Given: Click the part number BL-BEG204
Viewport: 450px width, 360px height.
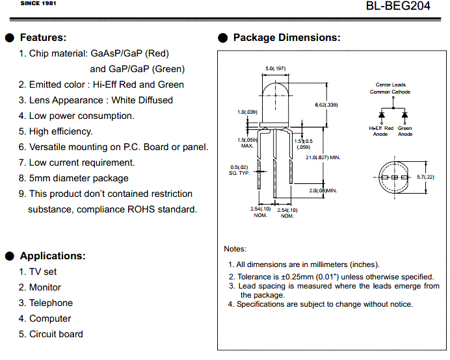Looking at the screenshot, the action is (398, 6).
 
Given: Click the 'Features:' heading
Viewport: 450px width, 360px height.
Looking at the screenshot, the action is (43, 38).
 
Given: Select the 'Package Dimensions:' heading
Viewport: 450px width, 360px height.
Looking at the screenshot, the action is (287, 38).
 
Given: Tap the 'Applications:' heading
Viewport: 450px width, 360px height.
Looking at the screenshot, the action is (53, 256).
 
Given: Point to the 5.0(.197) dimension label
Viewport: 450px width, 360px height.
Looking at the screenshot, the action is (276, 68).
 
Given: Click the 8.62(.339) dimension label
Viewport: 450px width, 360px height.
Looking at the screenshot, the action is (326, 105).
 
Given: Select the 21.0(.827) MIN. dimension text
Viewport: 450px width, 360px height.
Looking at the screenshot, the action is (323, 157).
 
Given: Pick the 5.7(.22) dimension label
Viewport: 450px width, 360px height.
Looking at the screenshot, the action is (425, 177).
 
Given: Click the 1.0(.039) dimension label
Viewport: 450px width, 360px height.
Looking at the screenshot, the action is (247, 112).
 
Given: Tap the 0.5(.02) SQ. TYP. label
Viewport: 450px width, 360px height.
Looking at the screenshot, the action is (239, 170).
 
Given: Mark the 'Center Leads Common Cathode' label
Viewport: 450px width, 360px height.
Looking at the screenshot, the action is (390, 88).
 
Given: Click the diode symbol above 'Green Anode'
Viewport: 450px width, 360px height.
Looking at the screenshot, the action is (404, 115).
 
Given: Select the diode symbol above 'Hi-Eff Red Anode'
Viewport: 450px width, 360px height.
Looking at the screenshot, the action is (382, 115).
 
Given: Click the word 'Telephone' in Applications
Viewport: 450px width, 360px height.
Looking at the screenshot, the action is (51, 303).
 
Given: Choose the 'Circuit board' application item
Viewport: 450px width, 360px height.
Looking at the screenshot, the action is (56, 334).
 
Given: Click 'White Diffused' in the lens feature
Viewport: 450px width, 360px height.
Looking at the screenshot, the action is (142, 100).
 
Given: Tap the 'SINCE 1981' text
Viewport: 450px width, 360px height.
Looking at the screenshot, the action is (38, 3).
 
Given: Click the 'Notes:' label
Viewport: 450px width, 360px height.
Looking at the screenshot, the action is (235, 249).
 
